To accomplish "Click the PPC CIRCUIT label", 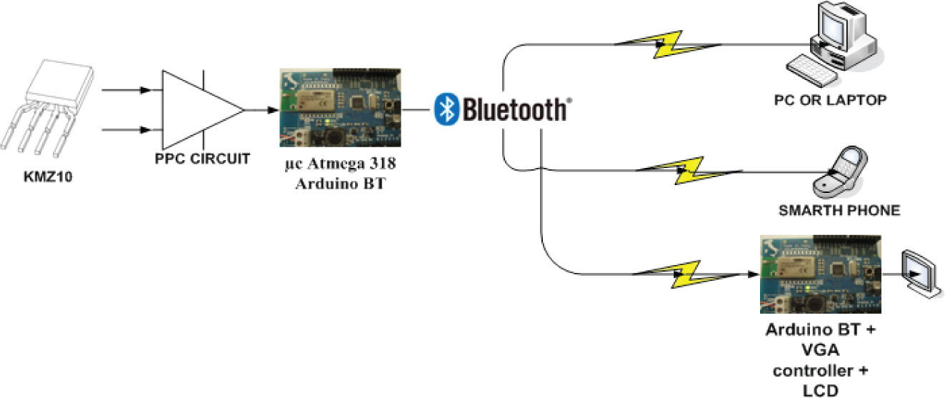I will pyautogui.click(x=203, y=159).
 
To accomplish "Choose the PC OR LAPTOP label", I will pyautogui.click(x=830, y=100).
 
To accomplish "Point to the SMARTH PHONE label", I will pyautogui.click(x=839, y=211).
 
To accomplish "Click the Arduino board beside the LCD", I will pyautogui.click(x=819, y=274).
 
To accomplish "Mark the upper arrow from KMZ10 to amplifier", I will pyautogui.click(x=129, y=90).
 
